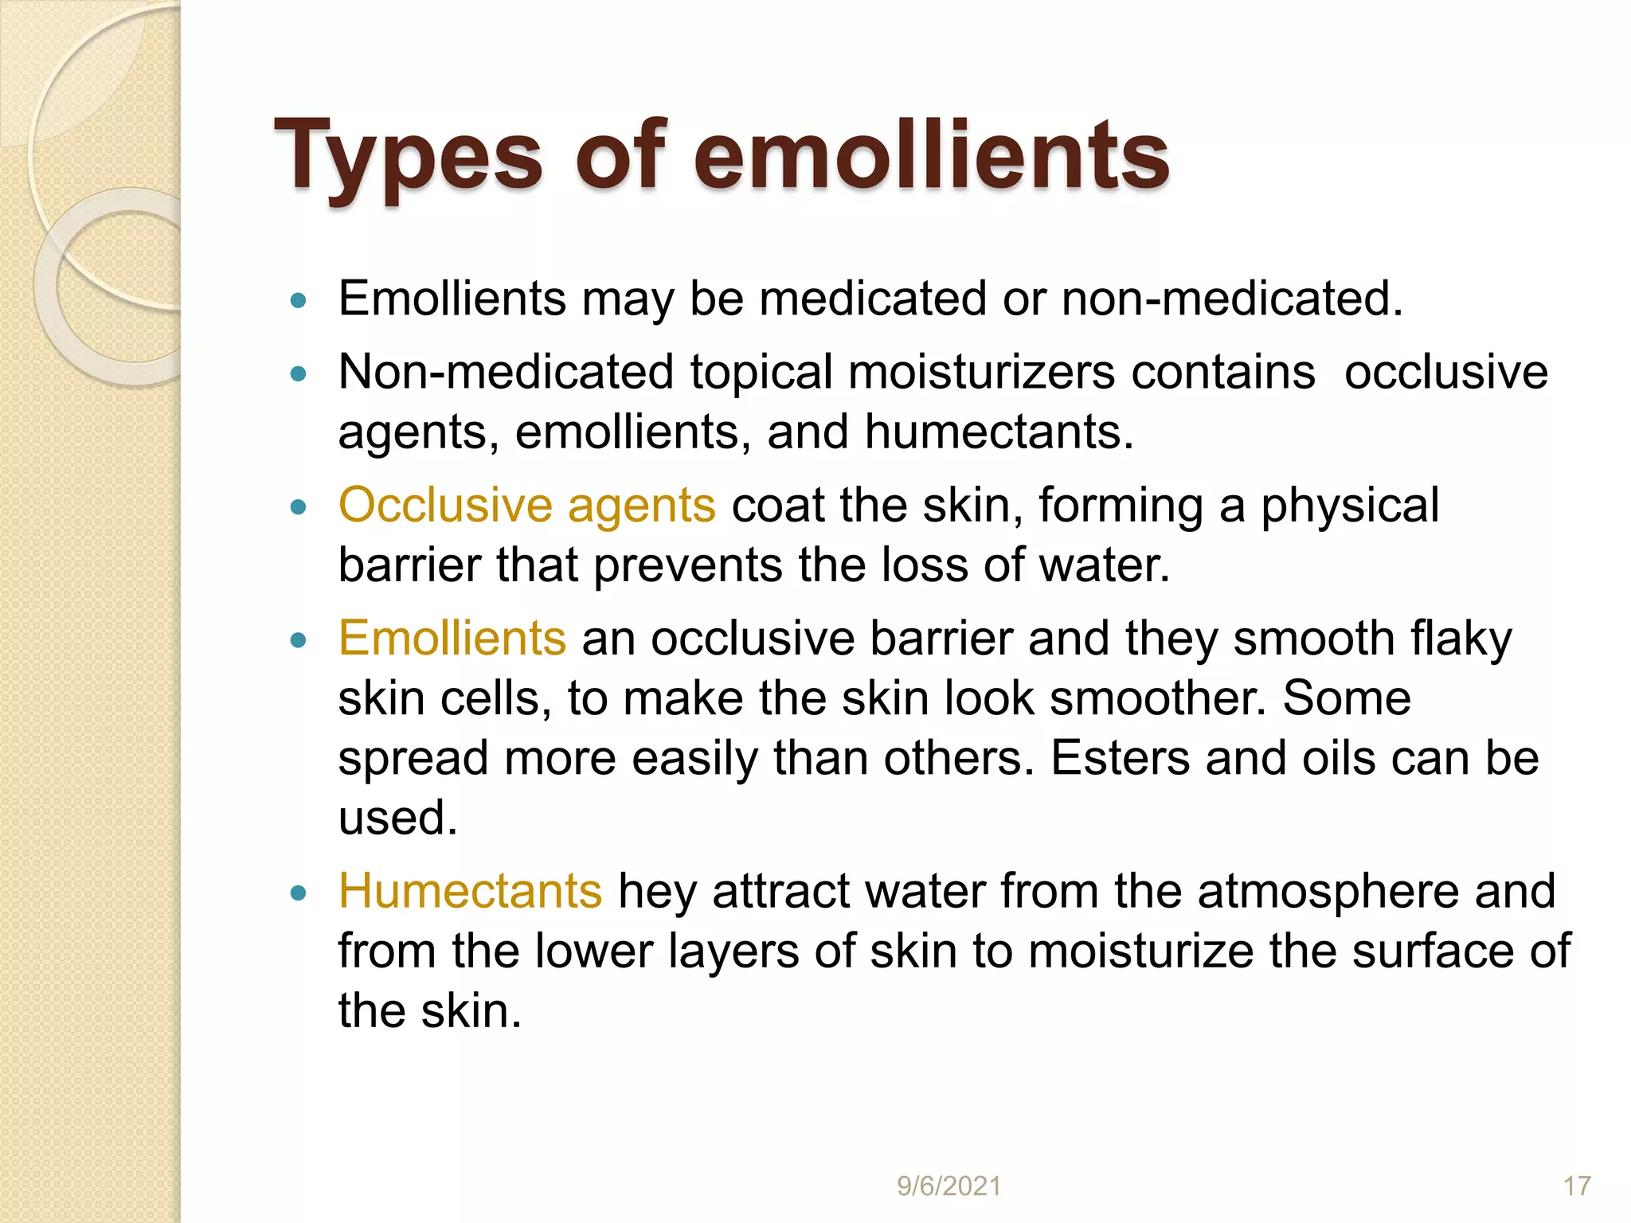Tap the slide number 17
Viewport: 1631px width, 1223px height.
click(x=1577, y=1186)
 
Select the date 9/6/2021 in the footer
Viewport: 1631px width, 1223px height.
click(x=948, y=1186)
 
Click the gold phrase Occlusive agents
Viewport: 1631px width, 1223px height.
click(x=526, y=505)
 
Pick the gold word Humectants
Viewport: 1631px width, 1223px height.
click(x=470, y=890)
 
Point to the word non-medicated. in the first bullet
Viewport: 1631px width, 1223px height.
click(x=1232, y=299)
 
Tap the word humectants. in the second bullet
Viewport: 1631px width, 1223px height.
click(x=999, y=432)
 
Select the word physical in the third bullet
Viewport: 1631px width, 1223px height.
click(x=1350, y=505)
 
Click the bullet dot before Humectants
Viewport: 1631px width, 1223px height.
click(x=299, y=893)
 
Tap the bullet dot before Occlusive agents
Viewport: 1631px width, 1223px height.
click(x=299, y=507)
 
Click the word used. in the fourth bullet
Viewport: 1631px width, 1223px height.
click(x=397, y=818)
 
